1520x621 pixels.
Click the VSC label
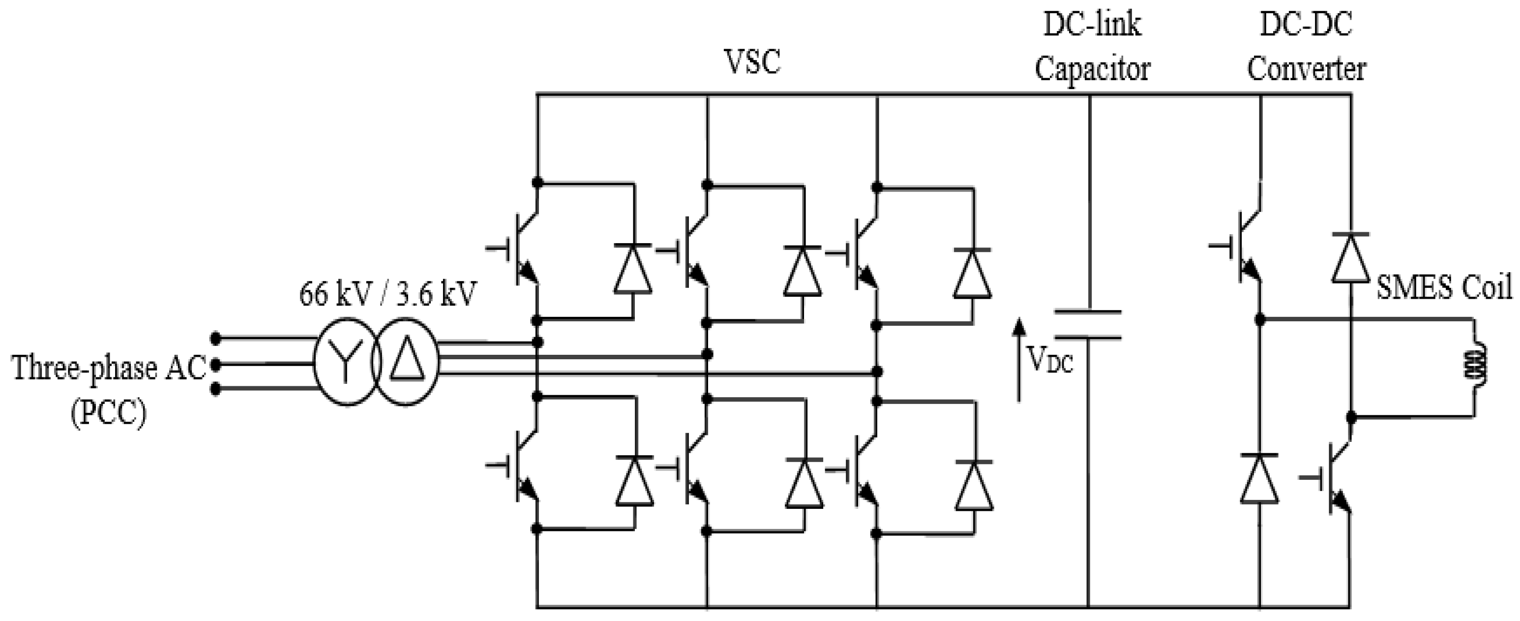pos(752,62)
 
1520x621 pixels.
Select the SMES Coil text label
pos(1444,289)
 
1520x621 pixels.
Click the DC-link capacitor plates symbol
pos(1087,324)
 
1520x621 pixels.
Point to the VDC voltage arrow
pos(1018,360)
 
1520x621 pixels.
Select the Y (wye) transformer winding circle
pos(346,361)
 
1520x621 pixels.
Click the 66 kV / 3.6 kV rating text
pos(387,293)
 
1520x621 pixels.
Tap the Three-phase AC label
pos(109,367)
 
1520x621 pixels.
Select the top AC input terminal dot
pos(216,338)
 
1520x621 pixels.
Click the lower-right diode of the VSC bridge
pos(974,485)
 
